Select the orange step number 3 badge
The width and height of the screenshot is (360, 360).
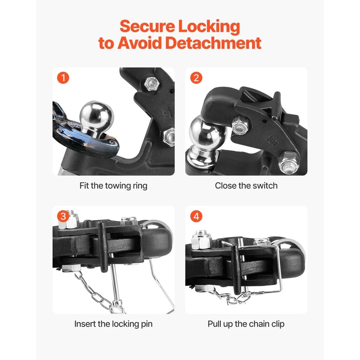[x=63, y=216]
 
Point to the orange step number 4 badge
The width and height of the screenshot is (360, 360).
[x=196, y=216]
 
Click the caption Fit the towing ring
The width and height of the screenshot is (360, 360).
[x=113, y=185]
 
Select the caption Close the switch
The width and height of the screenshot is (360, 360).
[x=246, y=185]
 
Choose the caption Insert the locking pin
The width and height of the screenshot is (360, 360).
[x=113, y=324]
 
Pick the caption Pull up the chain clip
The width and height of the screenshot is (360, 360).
[x=246, y=324]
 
